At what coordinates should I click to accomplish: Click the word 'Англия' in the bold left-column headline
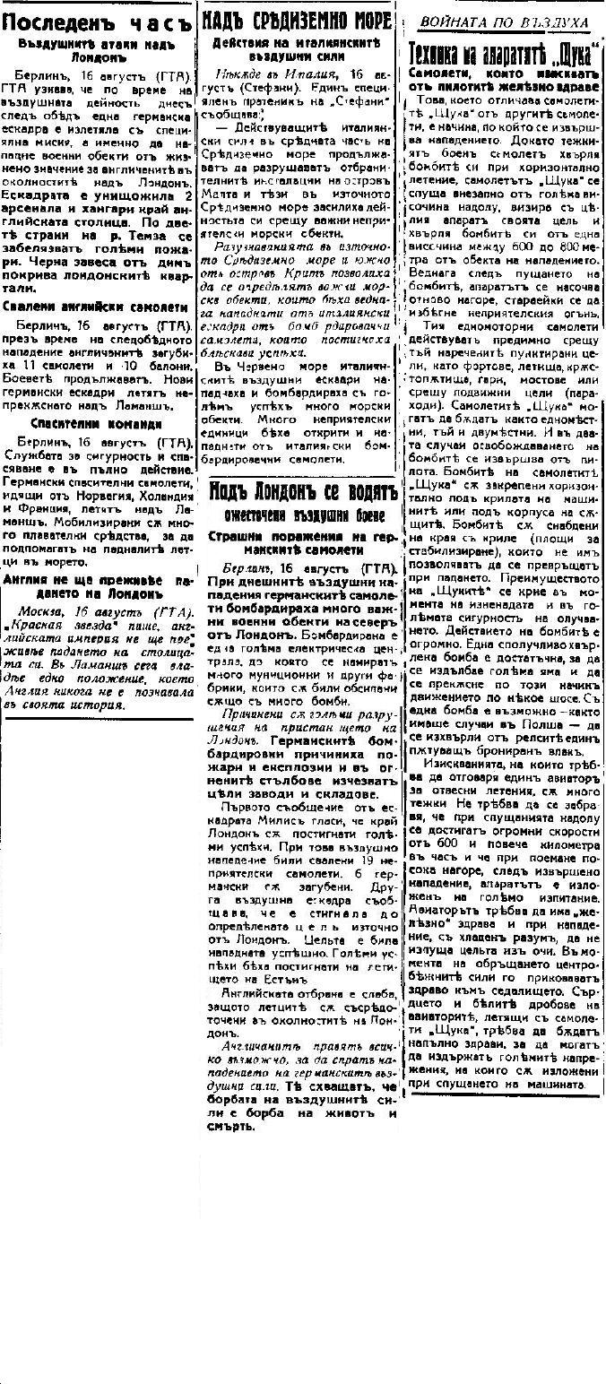[28, 580]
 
